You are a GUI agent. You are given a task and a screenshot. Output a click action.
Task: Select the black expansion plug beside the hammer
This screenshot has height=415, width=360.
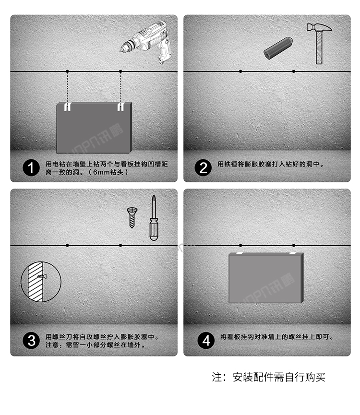(x=278, y=48)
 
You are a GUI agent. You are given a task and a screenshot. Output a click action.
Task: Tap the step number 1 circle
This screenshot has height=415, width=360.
(x=31, y=168)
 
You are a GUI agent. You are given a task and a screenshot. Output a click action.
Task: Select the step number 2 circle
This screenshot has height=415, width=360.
(x=204, y=167)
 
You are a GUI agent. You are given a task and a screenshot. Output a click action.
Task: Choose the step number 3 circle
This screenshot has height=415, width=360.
(x=31, y=341)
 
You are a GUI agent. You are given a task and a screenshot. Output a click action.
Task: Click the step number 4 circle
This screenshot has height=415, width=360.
(x=206, y=341)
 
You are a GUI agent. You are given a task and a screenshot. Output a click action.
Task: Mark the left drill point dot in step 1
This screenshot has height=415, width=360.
(x=68, y=71)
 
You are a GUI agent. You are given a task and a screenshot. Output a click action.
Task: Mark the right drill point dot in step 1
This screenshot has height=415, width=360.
(x=120, y=71)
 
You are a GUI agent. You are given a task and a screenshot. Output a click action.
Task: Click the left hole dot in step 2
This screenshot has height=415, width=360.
(x=240, y=71)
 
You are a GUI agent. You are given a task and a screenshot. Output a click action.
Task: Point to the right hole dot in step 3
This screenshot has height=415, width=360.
(x=120, y=245)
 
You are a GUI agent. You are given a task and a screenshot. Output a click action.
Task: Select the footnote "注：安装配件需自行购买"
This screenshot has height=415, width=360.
(x=269, y=377)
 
